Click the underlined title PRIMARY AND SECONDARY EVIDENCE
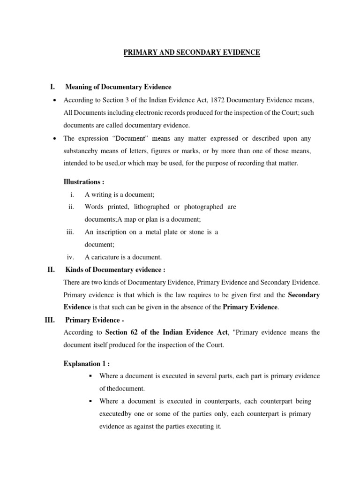(191, 52)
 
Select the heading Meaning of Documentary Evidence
(118, 87)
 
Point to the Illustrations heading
(84, 181)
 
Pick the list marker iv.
(71, 257)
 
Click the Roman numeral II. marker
(51, 270)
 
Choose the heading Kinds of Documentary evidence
(115, 270)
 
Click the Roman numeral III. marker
(50, 320)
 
